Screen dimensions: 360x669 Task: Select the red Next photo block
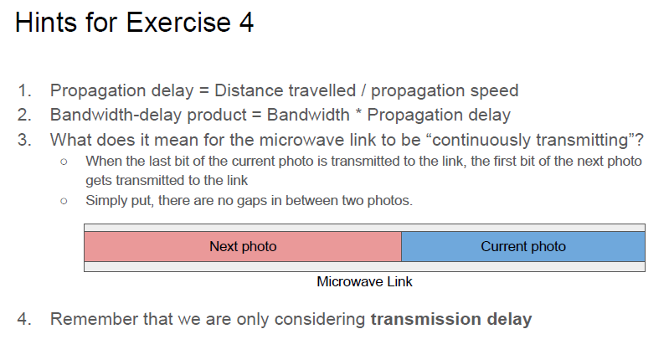click(243, 246)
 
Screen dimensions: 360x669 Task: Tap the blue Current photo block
click(523, 246)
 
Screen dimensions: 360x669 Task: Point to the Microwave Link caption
click(364, 282)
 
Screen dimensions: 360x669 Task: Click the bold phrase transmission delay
click(450, 319)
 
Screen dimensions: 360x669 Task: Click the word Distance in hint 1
click(243, 90)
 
